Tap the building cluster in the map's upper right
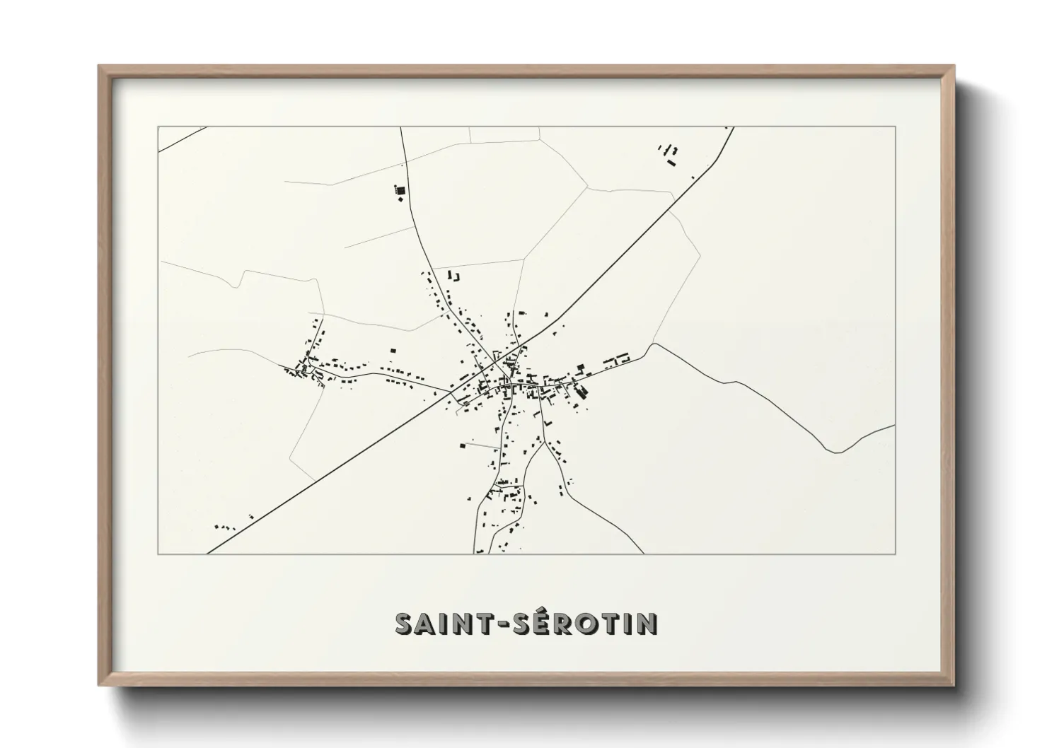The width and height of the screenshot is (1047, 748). pyautogui.click(x=669, y=154)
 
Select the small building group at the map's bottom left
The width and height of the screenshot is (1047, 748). pyautogui.click(x=224, y=527)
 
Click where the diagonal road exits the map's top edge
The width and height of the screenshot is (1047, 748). pyautogui.click(x=733, y=127)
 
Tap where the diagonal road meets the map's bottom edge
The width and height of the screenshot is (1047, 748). pyautogui.click(x=207, y=553)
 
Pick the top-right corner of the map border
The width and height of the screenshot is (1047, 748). pyautogui.click(x=895, y=127)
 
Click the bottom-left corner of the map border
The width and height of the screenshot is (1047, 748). pyautogui.click(x=158, y=554)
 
